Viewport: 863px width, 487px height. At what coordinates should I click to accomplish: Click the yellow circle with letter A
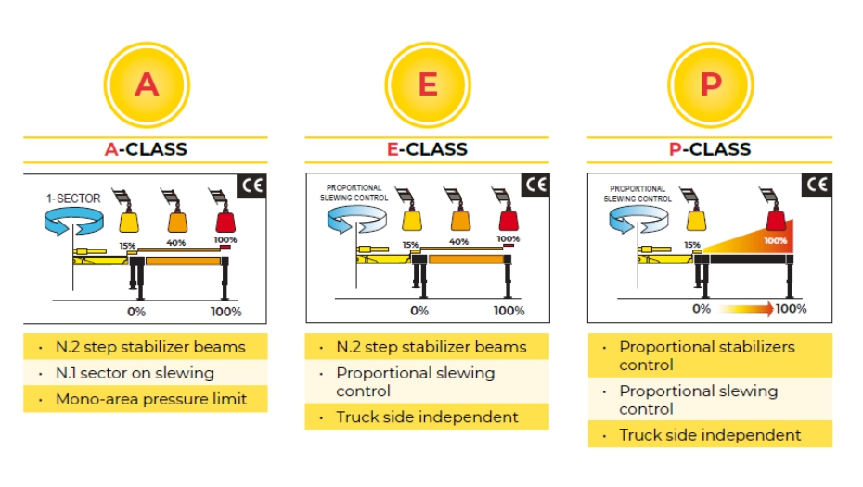[146, 84]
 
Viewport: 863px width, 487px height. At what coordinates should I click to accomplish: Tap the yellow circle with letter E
[427, 84]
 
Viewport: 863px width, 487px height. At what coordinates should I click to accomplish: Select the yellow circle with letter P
[709, 84]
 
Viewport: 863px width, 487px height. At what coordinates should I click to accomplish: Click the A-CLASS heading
[146, 148]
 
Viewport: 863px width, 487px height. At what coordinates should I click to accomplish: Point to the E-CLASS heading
[427, 148]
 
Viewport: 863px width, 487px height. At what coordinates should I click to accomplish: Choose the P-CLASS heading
[710, 148]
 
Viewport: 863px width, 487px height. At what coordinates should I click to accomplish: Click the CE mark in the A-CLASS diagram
[252, 186]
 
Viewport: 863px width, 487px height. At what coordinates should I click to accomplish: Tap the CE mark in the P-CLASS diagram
[816, 186]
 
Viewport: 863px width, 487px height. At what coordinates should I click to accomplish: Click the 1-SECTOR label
[72, 199]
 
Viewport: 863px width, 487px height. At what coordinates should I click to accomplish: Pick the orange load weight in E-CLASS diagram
[457, 221]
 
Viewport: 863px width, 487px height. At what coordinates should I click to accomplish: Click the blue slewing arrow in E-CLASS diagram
[357, 223]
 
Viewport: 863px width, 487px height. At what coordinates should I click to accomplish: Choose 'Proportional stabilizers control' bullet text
[707, 355]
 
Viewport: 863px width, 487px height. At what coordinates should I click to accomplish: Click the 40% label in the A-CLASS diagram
[174, 243]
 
